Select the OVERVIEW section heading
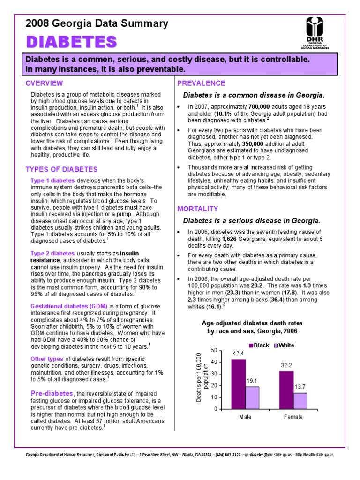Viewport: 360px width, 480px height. tap(44, 83)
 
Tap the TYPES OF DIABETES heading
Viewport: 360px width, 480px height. tap(61, 169)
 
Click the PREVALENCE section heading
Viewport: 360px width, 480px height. tap(201, 83)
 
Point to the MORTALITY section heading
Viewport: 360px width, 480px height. tap(198, 209)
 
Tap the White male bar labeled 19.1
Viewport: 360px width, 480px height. tap(252, 397)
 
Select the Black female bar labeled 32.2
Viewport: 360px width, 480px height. tap(286, 390)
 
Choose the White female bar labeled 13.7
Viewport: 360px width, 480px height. tap(300, 400)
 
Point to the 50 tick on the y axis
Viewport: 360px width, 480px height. tap(214, 350)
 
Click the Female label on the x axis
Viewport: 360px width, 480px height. tap(293, 417)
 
